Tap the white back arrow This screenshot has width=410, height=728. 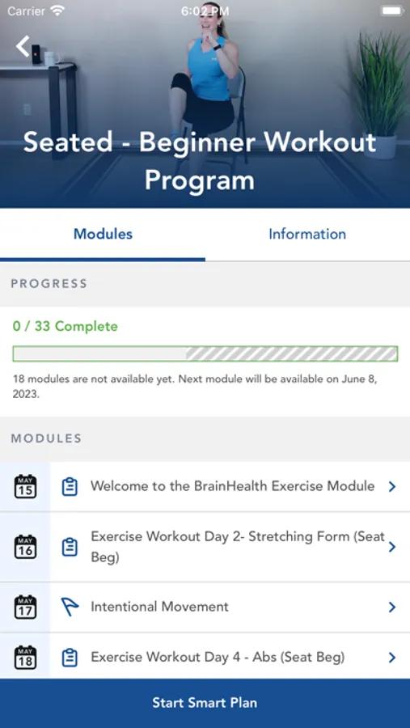click(23, 46)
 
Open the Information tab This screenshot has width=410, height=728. click(307, 234)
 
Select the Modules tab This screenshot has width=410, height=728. click(103, 234)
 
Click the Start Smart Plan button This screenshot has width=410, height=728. click(205, 702)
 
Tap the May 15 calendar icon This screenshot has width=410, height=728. click(25, 486)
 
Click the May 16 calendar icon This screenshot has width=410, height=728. click(25, 547)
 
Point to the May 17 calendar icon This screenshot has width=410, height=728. click(25, 607)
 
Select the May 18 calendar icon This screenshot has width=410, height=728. click(25, 658)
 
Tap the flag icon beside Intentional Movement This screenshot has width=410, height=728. click(70, 607)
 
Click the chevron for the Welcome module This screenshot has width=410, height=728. click(392, 486)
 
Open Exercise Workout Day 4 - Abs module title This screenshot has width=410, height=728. click(218, 657)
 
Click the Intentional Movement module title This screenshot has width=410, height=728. click(160, 607)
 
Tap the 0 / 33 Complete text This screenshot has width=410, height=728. click(65, 327)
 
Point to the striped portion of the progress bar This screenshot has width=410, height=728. click(292, 353)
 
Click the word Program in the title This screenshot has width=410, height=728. click(200, 180)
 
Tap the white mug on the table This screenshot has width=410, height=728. click(51, 58)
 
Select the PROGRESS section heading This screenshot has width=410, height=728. click(49, 284)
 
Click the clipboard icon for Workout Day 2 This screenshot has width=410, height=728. click(70, 547)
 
